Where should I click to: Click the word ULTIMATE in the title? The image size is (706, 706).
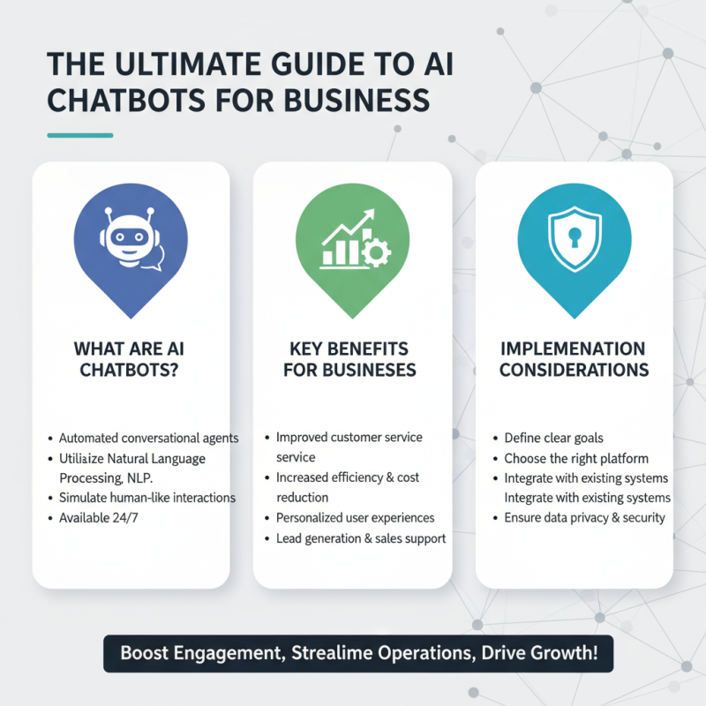pyautogui.click(x=188, y=64)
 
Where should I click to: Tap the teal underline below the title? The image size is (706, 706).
pyautogui.click(x=80, y=135)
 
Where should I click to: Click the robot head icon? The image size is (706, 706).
pyautogui.click(x=130, y=237)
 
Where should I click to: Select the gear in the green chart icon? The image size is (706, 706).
pyautogui.click(x=376, y=252)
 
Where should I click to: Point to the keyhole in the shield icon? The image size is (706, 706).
pyautogui.click(x=575, y=237)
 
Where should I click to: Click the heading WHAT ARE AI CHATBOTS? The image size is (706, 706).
pyautogui.click(x=129, y=359)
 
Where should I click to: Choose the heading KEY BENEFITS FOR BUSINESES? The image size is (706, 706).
pyautogui.click(x=349, y=359)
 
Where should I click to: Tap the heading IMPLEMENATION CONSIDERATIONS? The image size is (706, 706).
pyautogui.click(x=574, y=359)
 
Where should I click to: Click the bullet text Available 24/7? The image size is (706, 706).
pyautogui.click(x=99, y=518)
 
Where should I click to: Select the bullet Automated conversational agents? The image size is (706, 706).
pyautogui.click(x=148, y=438)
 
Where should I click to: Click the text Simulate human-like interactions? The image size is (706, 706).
pyautogui.click(x=147, y=498)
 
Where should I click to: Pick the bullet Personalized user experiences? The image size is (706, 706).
pyautogui.click(x=356, y=518)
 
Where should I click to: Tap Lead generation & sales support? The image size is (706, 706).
pyautogui.click(x=361, y=538)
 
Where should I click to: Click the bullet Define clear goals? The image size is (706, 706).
pyautogui.click(x=553, y=438)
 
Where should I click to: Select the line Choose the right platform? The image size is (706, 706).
pyautogui.click(x=576, y=458)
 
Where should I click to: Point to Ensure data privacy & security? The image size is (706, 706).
pyautogui.click(x=584, y=518)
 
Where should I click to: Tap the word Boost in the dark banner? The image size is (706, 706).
pyautogui.click(x=144, y=653)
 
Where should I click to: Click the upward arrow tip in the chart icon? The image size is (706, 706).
pyautogui.click(x=373, y=210)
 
